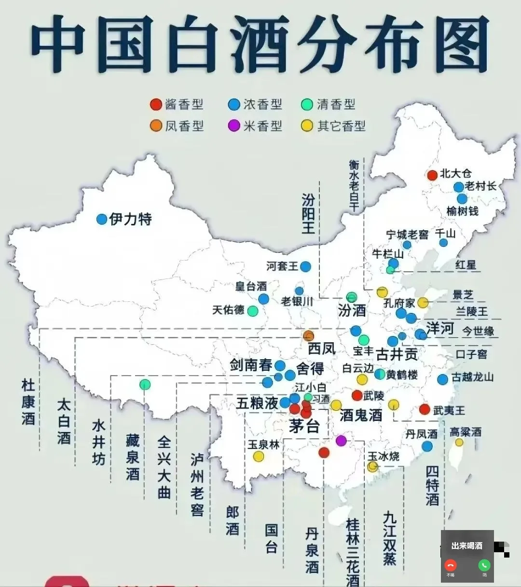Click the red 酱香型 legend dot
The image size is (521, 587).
pyautogui.click(x=155, y=104)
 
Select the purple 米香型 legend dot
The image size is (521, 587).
pyautogui.click(x=234, y=126)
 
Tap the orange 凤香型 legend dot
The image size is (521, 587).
pyautogui.click(x=155, y=126)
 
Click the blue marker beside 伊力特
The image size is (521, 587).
pyautogui.click(x=101, y=219)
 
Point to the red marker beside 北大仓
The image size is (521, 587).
pyautogui.click(x=432, y=175)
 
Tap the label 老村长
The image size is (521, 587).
pyautogui.click(x=480, y=186)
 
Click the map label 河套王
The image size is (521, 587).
pyautogui.click(x=282, y=266)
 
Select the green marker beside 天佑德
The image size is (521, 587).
pyautogui.click(x=252, y=311)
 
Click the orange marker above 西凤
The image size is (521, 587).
pyautogui.click(x=309, y=336)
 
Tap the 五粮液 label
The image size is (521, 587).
pyautogui.click(x=257, y=403)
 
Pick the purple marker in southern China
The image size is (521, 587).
pyautogui.click(x=341, y=440)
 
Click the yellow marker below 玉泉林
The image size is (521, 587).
pyautogui.click(x=259, y=456)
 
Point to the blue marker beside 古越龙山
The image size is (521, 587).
pyautogui.click(x=442, y=379)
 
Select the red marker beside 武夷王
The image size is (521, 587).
pyautogui.click(x=425, y=409)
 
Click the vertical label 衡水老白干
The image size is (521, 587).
pyautogui.click(x=355, y=186)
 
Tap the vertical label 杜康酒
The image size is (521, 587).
pyautogui.click(x=28, y=402)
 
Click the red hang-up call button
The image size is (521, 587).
pyautogui.click(x=451, y=565)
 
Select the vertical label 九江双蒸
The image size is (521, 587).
pyautogui.click(x=389, y=538)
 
